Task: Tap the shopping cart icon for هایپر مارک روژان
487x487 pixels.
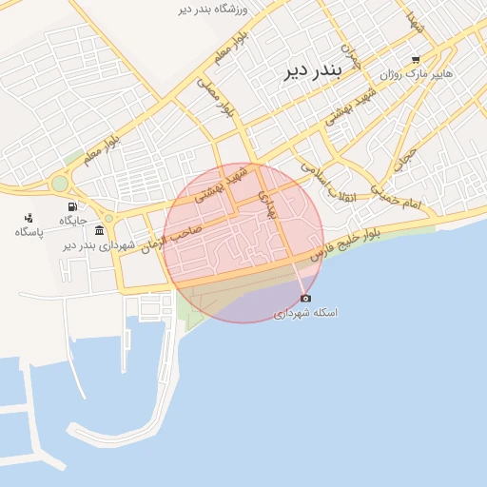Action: [416, 59]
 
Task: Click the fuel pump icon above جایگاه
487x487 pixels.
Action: [72, 206]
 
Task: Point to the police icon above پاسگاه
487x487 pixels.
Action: [27, 216]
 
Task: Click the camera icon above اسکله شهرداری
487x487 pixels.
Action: [305, 298]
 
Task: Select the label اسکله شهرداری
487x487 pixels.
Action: [305, 313]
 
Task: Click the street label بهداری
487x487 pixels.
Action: [270, 203]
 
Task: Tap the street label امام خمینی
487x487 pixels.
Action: [396, 199]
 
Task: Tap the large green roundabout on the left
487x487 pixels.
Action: [60, 183]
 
